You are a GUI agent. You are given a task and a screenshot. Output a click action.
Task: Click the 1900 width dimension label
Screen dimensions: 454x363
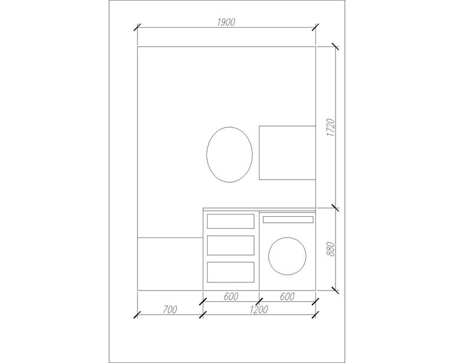tap(226, 22)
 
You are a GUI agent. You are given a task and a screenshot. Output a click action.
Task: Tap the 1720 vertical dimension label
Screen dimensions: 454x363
tap(330, 127)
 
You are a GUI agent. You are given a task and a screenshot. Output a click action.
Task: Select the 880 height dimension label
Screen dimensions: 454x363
tap(330, 249)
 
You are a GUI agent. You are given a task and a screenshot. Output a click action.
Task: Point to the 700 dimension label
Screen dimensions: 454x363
tap(170, 310)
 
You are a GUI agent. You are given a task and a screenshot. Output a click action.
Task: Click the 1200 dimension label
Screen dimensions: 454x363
tap(259, 310)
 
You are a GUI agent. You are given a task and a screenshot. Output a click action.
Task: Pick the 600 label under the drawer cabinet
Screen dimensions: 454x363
tap(231, 296)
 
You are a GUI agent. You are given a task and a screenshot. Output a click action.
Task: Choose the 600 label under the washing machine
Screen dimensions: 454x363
tap(287, 296)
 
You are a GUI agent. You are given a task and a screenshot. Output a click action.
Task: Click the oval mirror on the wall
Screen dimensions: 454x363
tap(207, 154)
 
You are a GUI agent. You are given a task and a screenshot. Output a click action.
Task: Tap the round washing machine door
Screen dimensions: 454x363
tap(269, 256)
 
